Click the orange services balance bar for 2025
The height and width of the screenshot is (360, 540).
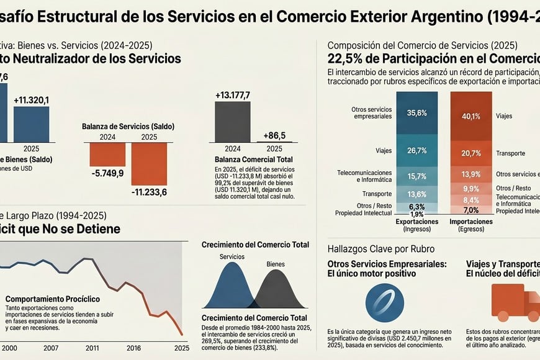point(149,163)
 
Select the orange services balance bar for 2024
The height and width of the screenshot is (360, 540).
point(107,154)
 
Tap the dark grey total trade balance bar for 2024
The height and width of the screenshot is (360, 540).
point(232,122)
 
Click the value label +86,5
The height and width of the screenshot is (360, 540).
point(274,135)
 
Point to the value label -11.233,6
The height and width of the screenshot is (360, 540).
point(149,192)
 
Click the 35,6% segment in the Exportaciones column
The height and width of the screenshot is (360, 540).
point(416,113)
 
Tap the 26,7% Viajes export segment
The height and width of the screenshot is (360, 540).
point(416,150)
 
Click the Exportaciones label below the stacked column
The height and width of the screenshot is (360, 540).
point(416,221)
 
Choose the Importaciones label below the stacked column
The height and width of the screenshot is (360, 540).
point(471,221)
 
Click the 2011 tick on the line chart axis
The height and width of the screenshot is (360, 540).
point(92,348)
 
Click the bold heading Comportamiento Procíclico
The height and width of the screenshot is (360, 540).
point(52,299)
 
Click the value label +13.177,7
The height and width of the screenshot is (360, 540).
point(232,95)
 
